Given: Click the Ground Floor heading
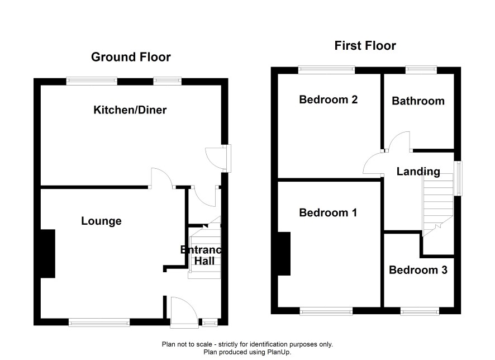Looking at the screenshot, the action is (x=131, y=57).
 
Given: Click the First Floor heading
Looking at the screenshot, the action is (x=365, y=46).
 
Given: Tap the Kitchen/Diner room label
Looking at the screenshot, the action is (x=130, y=110).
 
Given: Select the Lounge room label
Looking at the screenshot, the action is (x=101, y=221).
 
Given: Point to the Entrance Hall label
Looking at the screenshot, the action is (x=202, y=255).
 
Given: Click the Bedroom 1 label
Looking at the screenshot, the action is (x=328, y=212).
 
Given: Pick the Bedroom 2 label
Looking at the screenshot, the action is (x=329, y=100).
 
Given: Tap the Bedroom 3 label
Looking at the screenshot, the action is (x=418, y=270).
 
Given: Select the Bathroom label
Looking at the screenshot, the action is (x=418, y=101).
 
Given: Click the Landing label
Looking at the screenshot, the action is (x=418, y=172).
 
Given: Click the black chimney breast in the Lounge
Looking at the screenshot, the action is (x=48, y=254).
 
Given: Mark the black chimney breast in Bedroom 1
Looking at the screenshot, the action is (x=284, y=254).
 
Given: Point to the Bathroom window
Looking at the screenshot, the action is (x=421, y=69).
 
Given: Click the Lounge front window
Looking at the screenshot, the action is (x=99, y=322).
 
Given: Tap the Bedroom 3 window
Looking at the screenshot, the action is (x=420, y=311).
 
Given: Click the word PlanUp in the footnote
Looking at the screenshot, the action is (x=279, y=352).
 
